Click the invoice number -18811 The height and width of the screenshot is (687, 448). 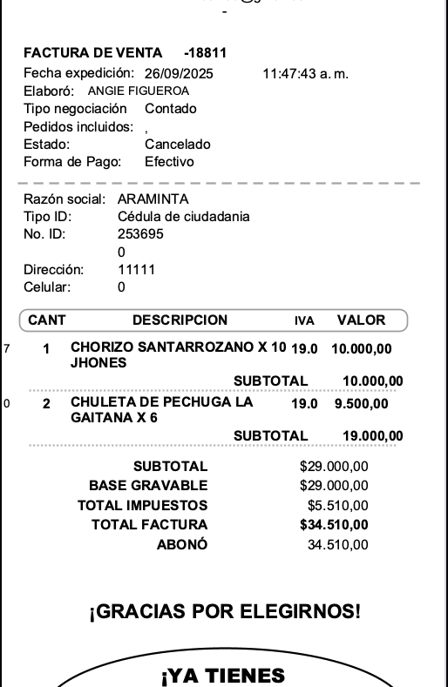click(x=206, y=53)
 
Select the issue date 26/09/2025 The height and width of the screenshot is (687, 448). click(x=179, y=73)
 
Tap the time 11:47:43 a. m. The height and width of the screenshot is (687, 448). click(x=305, y=73)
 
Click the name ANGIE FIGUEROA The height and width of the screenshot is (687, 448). click(x=139, y=91)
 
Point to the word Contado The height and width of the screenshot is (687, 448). click(x=171, y=109)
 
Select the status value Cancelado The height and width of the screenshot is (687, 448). click(x=177, y=145)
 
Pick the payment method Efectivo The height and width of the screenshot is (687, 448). click(x=169, y=162)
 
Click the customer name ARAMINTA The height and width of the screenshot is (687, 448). click(x=153, y=199)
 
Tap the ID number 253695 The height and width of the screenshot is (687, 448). click(x=140, y=234)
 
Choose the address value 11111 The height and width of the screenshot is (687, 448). click(x=136, y=270)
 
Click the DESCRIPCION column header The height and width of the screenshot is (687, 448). click(x=180, y=320)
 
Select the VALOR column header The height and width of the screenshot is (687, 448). click(x=361, y=320)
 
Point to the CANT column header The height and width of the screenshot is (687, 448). click(x=47, y=320)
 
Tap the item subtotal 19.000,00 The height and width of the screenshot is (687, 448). click(x=372, y=436)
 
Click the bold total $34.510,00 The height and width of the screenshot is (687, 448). click(x=334, y=524)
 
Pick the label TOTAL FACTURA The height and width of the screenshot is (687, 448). click(x=149, y=524)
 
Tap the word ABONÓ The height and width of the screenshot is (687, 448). click(x=181, y=545)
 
